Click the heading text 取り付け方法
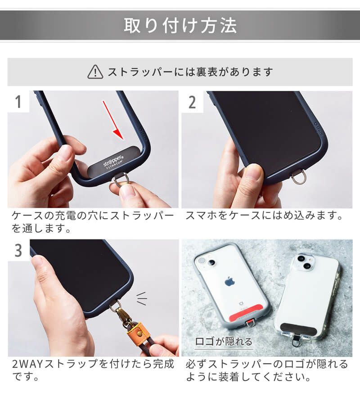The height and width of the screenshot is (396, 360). tap(180, 26)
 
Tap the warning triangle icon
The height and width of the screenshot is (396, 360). tap(95, 72)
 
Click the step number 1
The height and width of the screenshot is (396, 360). tap(18, 102)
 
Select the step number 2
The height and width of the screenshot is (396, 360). tap(192, 102)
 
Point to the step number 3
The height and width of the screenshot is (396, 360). tap(18, 251)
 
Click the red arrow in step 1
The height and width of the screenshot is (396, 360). tap(113, 120)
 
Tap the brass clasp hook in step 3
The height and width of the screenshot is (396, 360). tap(119, 314)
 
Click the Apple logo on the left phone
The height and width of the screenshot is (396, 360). tap(229, 281)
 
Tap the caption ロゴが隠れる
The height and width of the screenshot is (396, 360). tap(224, 342)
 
